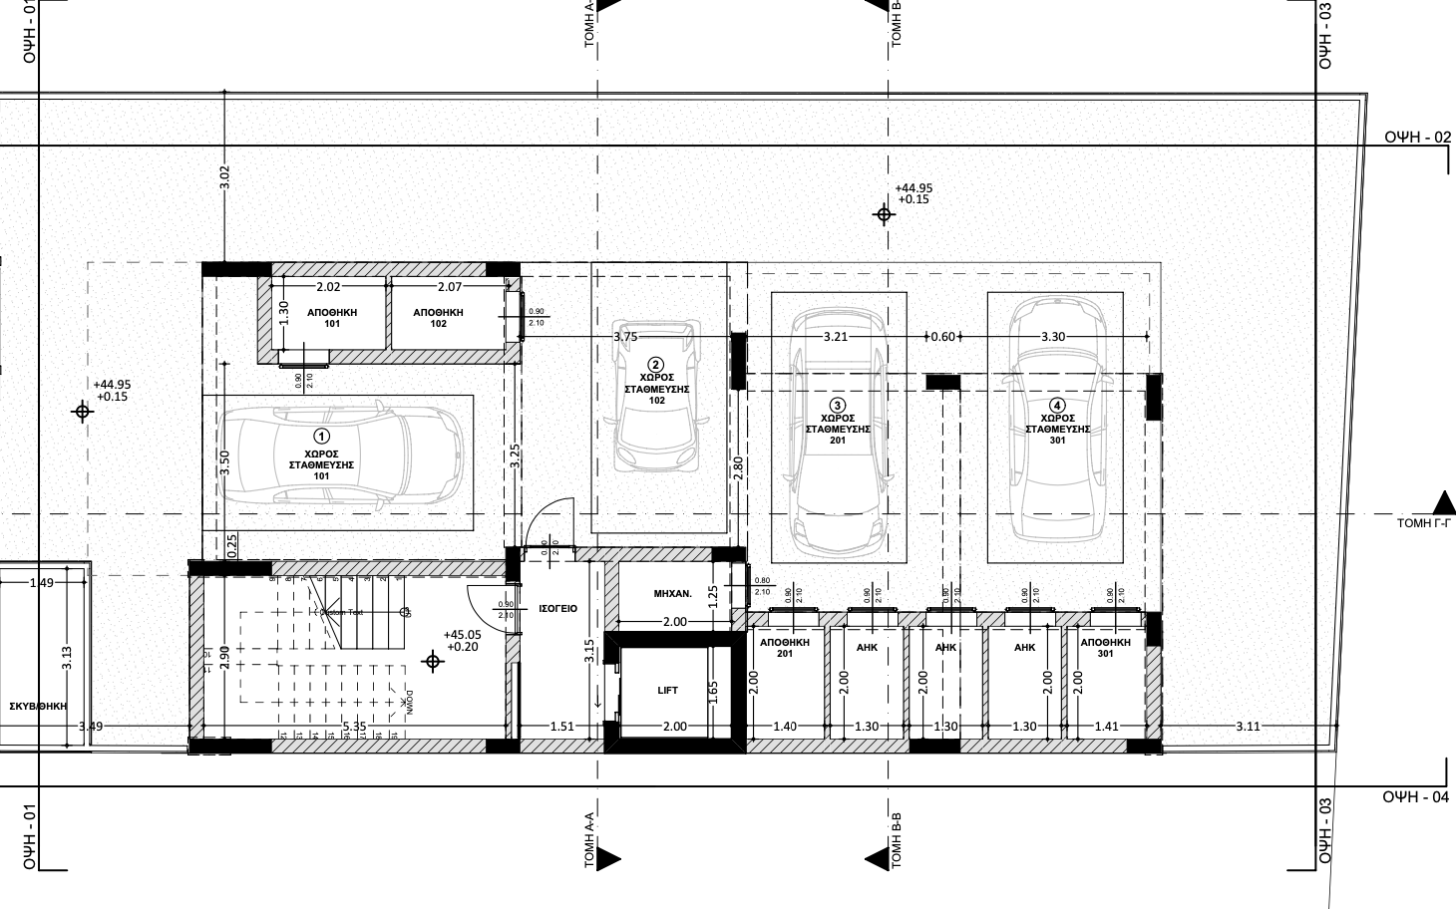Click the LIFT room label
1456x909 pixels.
(x=668, y=690)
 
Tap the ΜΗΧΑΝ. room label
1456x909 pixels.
(x=673, y=593)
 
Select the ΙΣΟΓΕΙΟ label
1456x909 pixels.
(x=556, y=608)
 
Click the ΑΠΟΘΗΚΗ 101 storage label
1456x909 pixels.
(x=332, y=318)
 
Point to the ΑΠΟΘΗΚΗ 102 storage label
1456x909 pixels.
(x=438, y=318)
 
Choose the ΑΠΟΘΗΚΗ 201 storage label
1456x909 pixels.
(x=784, y=649)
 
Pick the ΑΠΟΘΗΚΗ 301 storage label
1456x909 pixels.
(x=1105, y=649)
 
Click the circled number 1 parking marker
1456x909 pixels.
(x=321, y=436)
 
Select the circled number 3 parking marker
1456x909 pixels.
(x=838, y=405)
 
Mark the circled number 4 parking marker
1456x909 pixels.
(x=1057, y=405)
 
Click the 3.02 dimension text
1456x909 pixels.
(x=224, y=177)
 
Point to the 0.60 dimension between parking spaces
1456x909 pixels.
(x=942, y=337)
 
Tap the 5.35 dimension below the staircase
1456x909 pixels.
(x=355, y=727)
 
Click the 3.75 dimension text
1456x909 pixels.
(x=625, y=337)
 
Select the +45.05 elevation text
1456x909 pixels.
(x=462, y=634)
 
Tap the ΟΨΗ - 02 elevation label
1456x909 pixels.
(x=1417, y=138)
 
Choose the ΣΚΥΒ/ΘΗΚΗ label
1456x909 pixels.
(x=37, y=705)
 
